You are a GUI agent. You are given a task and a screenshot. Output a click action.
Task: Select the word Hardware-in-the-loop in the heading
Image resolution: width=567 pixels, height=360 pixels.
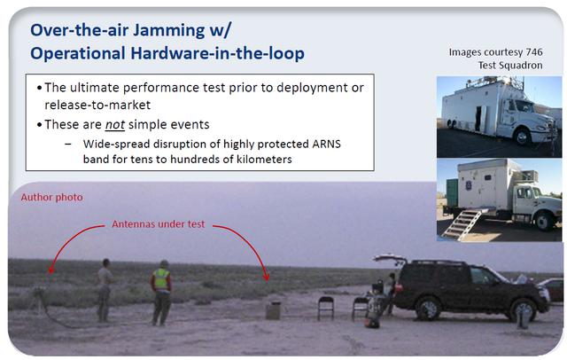(x=217, y=53)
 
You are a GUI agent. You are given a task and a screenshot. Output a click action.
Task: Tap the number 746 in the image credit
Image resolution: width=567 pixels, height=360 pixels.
(x=534, y=52)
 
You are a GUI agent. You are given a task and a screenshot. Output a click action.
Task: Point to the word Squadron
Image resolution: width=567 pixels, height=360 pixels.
(x=522, y=65)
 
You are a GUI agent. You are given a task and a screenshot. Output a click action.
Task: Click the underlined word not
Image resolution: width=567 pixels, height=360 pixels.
(x=115, y=124)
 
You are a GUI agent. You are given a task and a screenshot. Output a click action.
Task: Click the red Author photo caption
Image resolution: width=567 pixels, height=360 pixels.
(x=51, y=197)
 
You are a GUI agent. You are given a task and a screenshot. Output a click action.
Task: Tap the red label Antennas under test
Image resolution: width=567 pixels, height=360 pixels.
(x=159, y=224)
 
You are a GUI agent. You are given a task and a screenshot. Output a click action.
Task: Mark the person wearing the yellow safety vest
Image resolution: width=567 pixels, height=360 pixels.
(x=161, y=293)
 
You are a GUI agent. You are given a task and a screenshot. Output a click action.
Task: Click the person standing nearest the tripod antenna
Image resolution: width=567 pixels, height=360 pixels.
(x=105, y=290)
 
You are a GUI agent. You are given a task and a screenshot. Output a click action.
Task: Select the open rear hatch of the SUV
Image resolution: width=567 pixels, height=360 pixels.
(x=390, y=259)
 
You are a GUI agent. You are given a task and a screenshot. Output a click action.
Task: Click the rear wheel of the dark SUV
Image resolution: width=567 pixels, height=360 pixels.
(x=428, y=309)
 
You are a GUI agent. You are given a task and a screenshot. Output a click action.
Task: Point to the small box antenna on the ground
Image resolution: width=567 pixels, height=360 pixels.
(x=274, y=310)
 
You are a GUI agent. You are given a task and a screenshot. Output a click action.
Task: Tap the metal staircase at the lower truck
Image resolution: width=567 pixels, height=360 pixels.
(x=462, y=224)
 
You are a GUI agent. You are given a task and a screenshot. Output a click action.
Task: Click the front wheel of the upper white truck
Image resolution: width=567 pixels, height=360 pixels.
(x=522, y=137)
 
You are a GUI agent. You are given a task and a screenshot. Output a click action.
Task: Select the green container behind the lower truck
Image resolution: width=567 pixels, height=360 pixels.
(x=452, y=192)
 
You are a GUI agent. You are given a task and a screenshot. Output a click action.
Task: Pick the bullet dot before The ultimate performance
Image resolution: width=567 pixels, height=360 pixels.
(x=39, y=88)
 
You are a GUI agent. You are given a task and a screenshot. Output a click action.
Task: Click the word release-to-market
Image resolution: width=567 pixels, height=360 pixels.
(x=97, y=105)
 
